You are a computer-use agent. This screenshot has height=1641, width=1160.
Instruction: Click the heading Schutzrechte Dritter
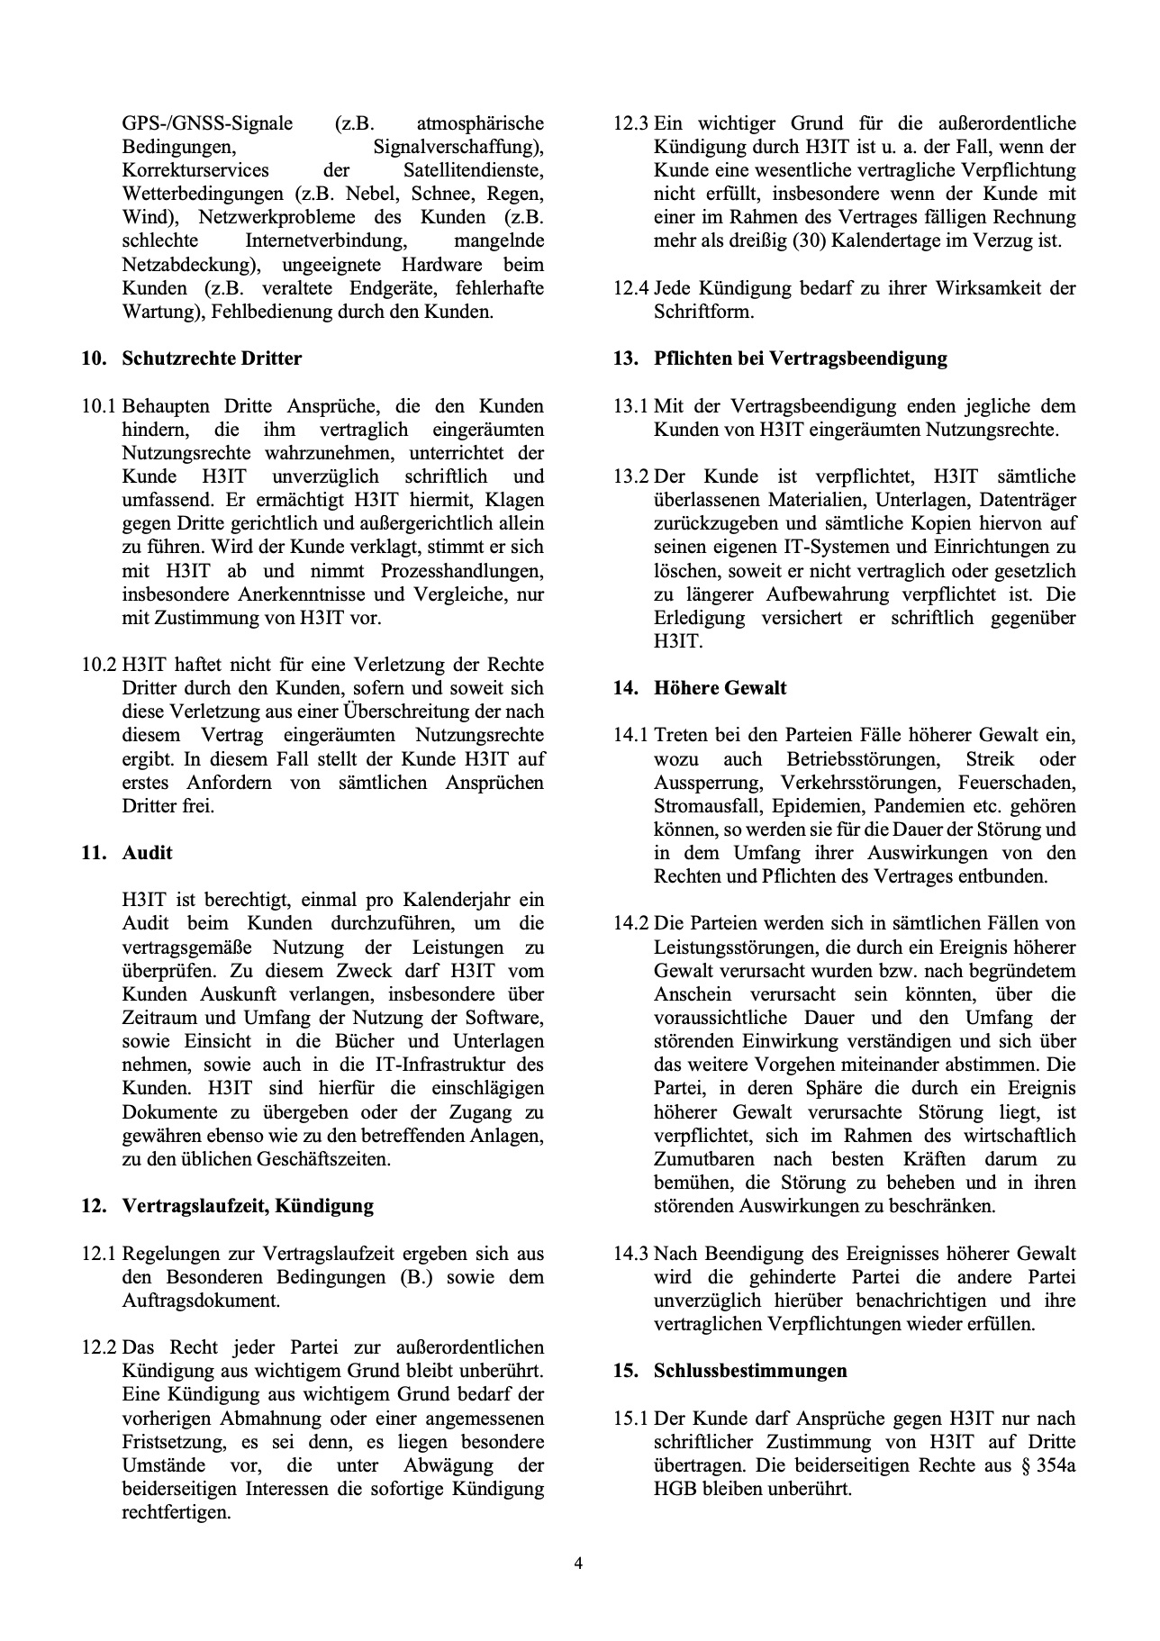click(x=212, y=358)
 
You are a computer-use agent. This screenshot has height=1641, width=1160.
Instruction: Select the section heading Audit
click(x=147, y=853)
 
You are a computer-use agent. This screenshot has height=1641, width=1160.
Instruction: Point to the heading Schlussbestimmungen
click(x=750, y=1371)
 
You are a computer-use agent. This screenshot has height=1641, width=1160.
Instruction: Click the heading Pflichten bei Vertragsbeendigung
click(x=800, y=358)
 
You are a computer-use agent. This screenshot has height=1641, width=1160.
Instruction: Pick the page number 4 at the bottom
click(x=579, y=1564)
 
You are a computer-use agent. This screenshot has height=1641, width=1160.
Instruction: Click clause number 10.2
click(x=98, y=665)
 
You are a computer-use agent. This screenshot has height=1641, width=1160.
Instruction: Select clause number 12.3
click(x=630, y=123)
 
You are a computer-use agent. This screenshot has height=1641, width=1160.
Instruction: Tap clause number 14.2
click(x=630, y=923)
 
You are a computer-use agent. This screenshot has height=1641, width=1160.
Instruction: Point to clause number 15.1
click(x=630, y=1419)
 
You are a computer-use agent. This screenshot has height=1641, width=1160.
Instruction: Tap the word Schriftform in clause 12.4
click(x=703, y=312)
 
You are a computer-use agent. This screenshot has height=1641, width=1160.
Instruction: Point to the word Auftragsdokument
click(x=200, y=1301)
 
